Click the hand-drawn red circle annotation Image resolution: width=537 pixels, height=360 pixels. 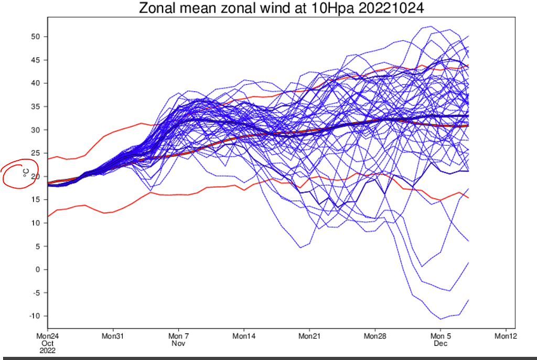point(20,173)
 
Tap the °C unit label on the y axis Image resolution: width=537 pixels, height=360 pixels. point(26,171)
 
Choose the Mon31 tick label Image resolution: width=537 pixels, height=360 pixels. point(113,336)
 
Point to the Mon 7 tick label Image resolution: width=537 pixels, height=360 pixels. point(178,336)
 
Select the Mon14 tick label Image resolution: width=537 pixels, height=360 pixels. point(244,336)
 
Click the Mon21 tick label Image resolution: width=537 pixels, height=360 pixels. point(309,336)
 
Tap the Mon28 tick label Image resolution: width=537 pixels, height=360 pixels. point(375,336)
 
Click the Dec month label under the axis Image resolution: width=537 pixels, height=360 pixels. point(440,343)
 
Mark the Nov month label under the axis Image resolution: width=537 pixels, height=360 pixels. point(178,343)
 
